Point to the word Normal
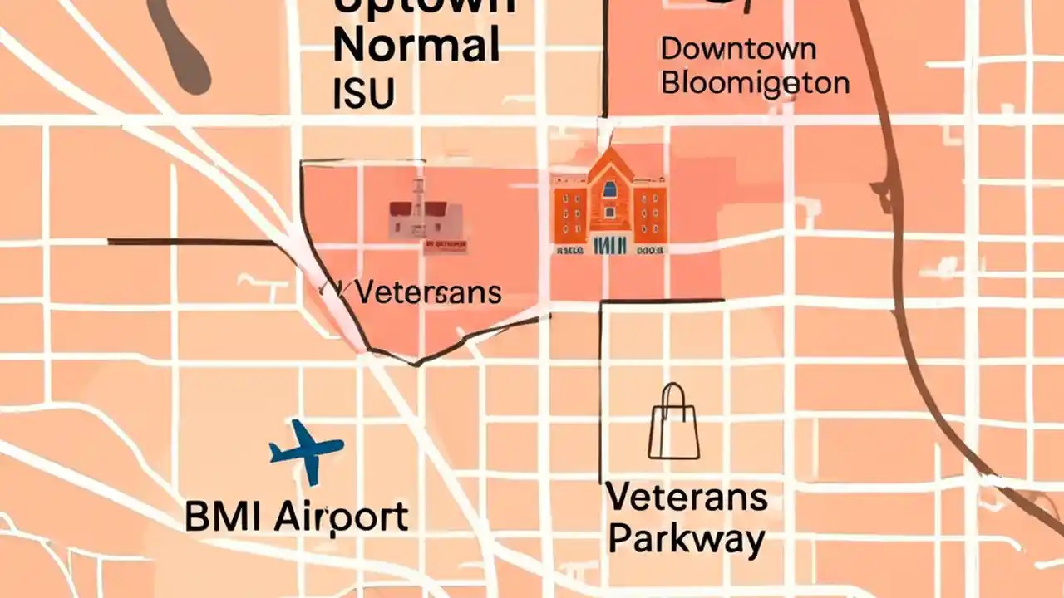(x=416, y=47)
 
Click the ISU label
(x=362, y=95)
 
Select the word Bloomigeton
(x=756, y=83)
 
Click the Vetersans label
(x=427, y=292)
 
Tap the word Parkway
(x=687, y=540)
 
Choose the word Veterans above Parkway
(x=687, y=498)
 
